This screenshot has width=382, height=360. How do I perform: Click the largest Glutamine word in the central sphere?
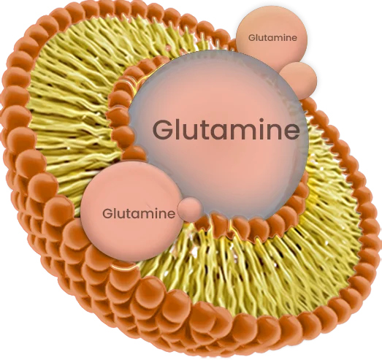tap(226, 129)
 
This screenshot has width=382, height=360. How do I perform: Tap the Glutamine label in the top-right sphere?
tap(272, 38)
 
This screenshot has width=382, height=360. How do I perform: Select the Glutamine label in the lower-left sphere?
tap(139, 214)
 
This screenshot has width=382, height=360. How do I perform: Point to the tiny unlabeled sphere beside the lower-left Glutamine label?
tap(189, 210)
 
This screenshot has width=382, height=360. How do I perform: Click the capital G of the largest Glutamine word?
tap(163, 129)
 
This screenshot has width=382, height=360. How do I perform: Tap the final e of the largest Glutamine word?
tap(291, 132)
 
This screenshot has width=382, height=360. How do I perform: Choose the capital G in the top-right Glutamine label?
tap(252, 38)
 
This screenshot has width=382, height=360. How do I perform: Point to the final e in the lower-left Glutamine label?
tap(171, 215)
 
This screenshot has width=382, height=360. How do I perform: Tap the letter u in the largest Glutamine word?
tap(189, 132)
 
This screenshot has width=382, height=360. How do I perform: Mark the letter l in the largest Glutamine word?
tap(177, 129)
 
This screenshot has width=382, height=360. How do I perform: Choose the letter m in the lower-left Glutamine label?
tap(153, 215)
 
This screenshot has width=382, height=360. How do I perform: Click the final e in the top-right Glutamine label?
tap(294, 39)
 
